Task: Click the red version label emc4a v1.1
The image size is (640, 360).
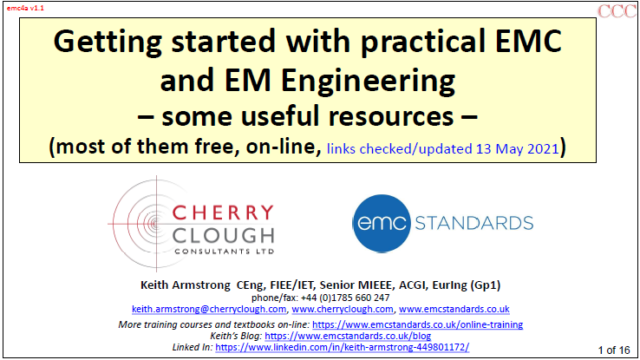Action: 25,8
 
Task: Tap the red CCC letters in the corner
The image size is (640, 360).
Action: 617,11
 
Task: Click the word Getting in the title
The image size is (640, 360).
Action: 108,43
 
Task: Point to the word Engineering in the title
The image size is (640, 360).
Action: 368,81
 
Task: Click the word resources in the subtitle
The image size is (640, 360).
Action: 391,116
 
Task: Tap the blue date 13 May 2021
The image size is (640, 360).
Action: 517,148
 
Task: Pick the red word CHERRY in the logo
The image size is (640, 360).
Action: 223,213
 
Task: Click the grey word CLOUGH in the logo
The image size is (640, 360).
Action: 223,236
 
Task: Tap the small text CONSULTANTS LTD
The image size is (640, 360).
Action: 225,252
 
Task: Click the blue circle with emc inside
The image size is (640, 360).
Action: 382,223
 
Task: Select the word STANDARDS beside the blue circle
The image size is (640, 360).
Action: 473,223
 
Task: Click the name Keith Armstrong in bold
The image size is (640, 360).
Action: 186,285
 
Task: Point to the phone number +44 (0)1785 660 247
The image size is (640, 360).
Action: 345,298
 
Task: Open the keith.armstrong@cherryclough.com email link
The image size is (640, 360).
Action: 209,309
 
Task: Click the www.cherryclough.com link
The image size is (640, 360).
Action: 343,309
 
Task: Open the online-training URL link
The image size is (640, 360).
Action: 417,324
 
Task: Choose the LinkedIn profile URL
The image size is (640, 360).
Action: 342,347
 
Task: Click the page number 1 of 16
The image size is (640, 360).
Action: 614,350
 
